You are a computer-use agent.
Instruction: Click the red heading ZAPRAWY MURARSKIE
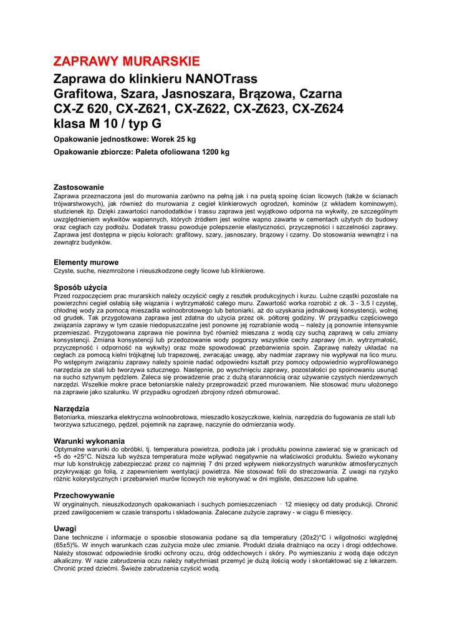pyautogui.click(x=127, y=61)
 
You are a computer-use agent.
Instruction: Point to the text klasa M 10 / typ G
pyautogui.click(x=107, y=124)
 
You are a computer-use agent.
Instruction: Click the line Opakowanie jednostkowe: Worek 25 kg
pyautogui.click(x=125, y=139)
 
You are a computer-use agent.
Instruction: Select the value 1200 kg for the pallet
pyautogui.click(x=212, y=152)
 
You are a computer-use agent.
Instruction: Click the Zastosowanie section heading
pyautogui.click(x=79, y=187)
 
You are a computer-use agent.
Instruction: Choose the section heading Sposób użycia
pyautogui.click(x=80, y=287)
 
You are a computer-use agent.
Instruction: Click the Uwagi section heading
pyautogui.click(x=65, y=528)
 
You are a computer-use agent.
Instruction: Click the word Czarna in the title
pyautogui.click(x=320, y=94)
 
